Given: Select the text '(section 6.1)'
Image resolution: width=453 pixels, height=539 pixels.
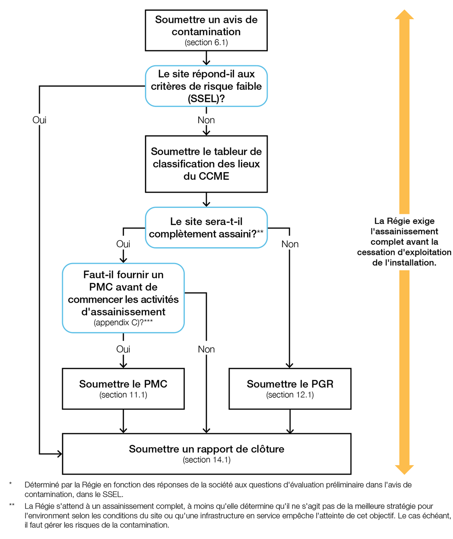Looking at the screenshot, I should click(x=206, y=43).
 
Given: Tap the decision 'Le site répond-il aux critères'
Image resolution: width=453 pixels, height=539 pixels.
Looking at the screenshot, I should click(x=206, y=86).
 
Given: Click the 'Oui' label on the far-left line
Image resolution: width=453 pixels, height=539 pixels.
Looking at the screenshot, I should click(x=39, y=120).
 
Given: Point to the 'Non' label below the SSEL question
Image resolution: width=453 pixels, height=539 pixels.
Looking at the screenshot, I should click(x=206, y=120).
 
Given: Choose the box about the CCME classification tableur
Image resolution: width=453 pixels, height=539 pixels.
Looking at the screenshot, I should click(x=206, y=164).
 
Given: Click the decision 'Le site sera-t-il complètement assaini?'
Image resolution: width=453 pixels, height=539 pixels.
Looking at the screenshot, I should click(x=206, y=228).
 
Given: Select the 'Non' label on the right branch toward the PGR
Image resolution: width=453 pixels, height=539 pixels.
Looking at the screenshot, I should click(x=290, y=244).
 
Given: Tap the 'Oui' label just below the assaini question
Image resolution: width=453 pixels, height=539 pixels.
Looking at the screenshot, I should click(x=123, y=244).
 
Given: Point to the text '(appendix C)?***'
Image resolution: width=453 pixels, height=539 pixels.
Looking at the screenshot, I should click(x=123, y=323).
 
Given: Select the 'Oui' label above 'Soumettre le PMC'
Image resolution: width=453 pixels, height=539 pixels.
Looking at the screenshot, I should click(x=123, y=349).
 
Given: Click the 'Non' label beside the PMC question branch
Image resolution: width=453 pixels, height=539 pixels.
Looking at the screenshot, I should click(x=206, y=350).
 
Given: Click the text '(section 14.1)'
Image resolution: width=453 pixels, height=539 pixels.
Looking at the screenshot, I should click(x=206, y=460).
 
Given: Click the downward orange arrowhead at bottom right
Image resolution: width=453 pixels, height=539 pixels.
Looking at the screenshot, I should click(x=404, y=469).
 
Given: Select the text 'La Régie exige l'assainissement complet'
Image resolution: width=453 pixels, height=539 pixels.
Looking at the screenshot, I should click(x=404, y=242).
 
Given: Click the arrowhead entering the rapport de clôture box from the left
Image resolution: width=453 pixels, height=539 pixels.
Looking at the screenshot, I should click(x=60, y=454).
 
